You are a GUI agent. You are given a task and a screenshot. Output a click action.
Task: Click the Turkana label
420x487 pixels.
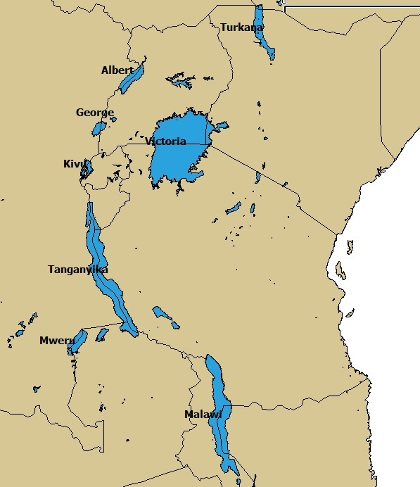[x=241, y=27]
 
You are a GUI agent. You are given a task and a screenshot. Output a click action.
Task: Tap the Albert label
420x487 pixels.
[x=117, y=70]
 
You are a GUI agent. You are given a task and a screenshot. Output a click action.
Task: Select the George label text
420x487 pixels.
[x=94, y=113]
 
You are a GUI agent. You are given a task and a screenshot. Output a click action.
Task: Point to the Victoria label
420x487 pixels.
[x=166, y=141]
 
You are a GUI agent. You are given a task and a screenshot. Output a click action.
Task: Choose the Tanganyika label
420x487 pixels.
[x=77, y=270]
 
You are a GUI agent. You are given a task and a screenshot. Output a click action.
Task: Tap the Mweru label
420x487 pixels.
[x=56, y=341]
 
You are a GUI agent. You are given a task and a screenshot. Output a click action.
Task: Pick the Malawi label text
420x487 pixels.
[x=203, y=414]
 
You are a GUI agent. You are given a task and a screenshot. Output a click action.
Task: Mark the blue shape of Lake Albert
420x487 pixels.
[x=132, y=79]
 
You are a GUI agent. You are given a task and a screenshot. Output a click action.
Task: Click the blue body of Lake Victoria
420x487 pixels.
[x=176, y=158]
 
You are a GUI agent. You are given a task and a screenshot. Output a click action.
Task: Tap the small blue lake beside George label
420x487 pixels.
[x=99, y=128]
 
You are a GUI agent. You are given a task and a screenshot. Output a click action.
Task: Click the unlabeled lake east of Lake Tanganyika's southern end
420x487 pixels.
[x=164, y=315]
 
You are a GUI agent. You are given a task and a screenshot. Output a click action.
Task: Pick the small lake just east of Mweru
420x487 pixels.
[x=103, y=334]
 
